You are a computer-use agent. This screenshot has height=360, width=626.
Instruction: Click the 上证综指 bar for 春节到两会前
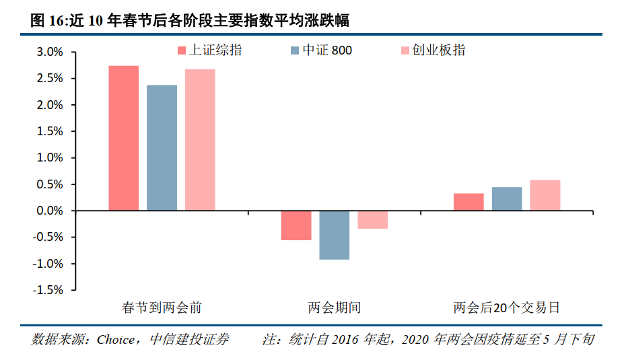[124, 138]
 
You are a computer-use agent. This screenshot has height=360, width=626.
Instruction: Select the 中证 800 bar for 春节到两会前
[162, 148]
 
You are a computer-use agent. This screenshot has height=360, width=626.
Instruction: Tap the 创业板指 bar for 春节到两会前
[200, 140]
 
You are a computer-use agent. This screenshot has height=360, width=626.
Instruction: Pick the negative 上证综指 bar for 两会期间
[296, 225]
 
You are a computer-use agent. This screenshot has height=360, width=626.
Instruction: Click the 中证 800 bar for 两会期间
[335, 235]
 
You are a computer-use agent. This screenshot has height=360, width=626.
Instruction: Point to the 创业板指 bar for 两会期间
[372, 220]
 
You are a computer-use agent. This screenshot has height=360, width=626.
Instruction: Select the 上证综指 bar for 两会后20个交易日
[468, 202]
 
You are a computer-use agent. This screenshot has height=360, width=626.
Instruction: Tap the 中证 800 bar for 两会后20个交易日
[507, 199]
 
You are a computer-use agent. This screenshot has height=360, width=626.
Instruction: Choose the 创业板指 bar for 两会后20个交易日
[545, 195]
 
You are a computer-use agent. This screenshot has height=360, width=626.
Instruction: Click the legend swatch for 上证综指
[181, 50]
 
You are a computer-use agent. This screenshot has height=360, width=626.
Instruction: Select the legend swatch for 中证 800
[295, 50]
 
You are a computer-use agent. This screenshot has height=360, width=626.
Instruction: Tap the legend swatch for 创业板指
[405, 50]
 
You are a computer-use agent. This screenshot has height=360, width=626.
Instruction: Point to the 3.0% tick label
[50, 52]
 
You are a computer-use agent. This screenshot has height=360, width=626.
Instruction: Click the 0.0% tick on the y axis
[50, 211]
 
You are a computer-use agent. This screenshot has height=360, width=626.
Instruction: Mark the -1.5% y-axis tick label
[48, 290]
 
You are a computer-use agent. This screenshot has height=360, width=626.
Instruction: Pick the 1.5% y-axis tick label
[50, 132]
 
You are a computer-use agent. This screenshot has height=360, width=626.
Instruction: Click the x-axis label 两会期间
[335, 308]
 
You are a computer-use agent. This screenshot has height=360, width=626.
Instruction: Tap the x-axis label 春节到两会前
[162, 308]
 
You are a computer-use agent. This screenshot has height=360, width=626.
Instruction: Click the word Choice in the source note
[116, 340]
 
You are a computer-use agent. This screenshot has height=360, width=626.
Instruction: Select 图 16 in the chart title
[46, 20]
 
